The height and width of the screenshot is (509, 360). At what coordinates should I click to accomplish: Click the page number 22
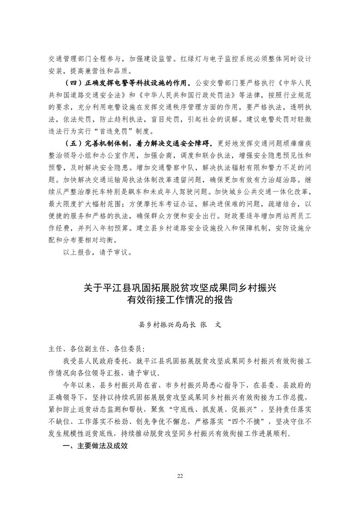click(180, 476)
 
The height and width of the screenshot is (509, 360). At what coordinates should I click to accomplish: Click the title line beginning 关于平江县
click(180, 287)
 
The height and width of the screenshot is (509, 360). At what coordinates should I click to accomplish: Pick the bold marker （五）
click(73, 143)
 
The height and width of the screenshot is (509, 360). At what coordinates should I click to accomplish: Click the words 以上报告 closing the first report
click(78, 252)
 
